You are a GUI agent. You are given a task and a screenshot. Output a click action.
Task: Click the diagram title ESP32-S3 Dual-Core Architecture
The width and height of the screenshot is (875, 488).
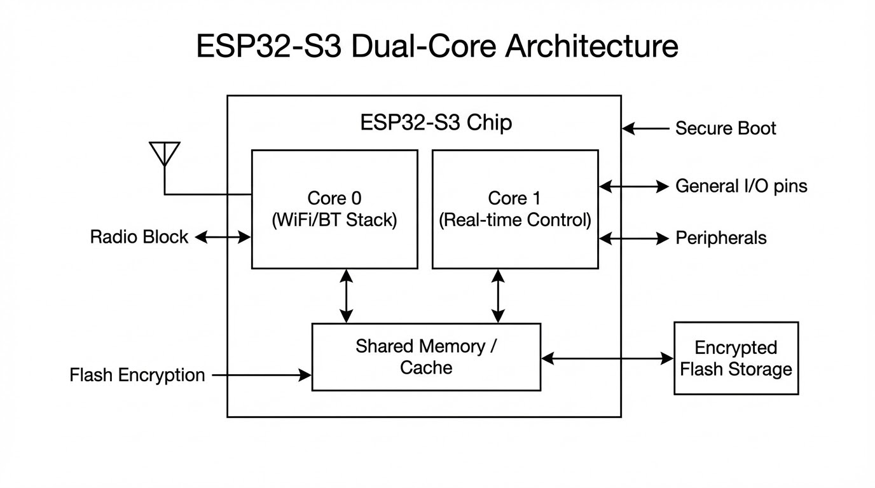coord(437,47)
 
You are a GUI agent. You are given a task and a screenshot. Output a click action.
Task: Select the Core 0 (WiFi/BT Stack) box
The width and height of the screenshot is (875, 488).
coord(334,209)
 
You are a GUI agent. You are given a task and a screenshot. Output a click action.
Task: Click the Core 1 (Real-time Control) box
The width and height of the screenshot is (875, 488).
coord(515,209)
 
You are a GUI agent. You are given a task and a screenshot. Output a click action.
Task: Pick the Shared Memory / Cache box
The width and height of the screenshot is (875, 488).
coord(426,356)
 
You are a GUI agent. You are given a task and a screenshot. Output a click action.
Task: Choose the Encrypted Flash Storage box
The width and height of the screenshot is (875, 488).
coord(736,358)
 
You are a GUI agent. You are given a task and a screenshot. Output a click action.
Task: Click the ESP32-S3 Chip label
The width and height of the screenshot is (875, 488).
coord(436,122)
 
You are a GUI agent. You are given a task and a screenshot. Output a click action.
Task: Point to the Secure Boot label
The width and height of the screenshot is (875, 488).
coord(726,128)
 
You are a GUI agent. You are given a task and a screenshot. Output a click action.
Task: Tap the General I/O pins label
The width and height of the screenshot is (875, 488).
coord(741,186)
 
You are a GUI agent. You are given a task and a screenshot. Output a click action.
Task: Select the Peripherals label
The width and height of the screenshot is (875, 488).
coord(720,238)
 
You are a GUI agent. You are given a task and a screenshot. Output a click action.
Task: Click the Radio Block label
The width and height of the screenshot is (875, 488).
coord(139,237)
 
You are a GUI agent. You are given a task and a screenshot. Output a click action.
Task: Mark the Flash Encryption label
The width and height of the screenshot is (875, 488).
coord(137,375)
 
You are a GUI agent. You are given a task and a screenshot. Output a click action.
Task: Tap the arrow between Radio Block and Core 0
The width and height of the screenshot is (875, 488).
coord(223,237)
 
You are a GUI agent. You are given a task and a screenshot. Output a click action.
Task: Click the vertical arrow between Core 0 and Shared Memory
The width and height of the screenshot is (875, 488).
coord(346,295)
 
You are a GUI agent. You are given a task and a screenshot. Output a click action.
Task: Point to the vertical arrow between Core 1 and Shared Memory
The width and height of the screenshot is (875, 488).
coord(498,295)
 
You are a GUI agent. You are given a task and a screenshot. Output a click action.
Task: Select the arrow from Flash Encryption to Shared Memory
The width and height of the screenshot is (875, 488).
coord(261,375)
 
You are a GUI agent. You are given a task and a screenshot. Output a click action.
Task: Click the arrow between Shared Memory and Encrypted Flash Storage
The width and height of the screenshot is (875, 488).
coord(607,358)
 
